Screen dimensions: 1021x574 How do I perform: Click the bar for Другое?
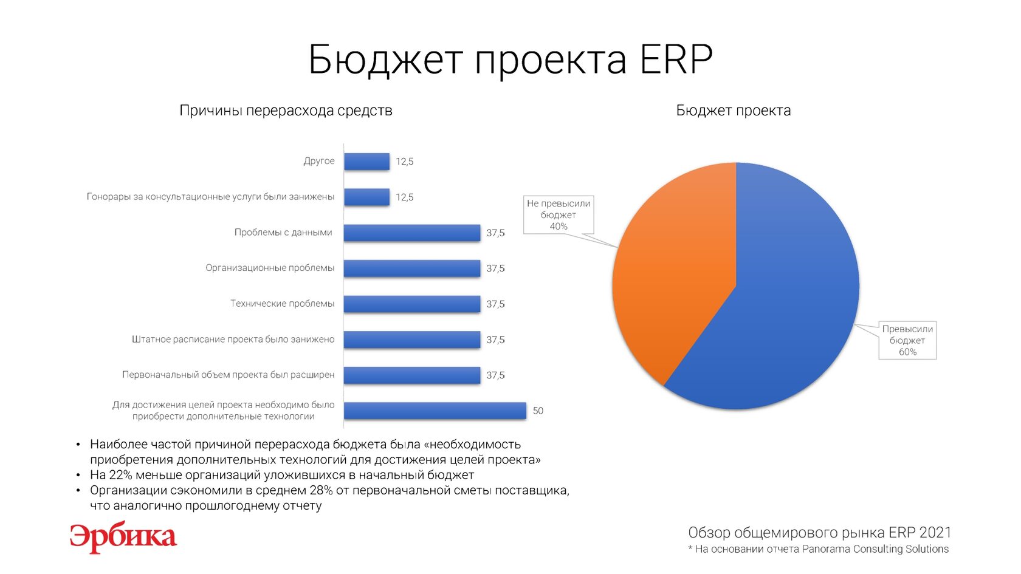[x=367, y=162]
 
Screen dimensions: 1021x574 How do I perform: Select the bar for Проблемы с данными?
[x=412, y=233]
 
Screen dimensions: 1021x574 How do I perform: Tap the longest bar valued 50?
[x=435, y=411]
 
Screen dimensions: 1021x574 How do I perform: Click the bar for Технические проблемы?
[x=412, y=304]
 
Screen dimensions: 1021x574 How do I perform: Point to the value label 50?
[x=538, y=411]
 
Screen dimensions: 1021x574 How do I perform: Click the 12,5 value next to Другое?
[x=404, y=162]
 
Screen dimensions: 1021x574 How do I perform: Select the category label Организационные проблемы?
[x=270, y=268]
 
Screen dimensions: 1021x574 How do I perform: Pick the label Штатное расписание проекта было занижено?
[x=233, y=340]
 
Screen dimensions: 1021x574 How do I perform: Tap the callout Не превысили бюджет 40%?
[x=559, y=214]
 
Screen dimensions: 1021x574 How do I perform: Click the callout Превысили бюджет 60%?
[x=907, y=340]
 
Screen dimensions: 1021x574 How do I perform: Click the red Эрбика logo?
[x=123, y=538]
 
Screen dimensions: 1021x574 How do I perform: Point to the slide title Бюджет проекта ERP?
[x=510, y=60]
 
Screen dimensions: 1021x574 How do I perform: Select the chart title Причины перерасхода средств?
[x=286, y=111]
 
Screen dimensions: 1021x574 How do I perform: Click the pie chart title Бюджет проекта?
[x=734, y=111]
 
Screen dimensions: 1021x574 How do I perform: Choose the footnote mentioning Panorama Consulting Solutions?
[x=819, y=549]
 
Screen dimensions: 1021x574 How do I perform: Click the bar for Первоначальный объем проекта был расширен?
[x=412, y=375]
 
